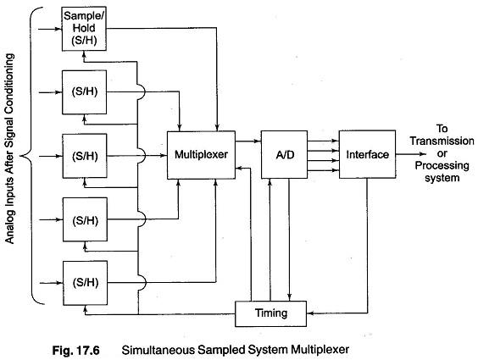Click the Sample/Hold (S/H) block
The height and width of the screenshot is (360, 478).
[x=84, y=29]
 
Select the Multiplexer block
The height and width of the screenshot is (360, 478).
[x=201, y=155]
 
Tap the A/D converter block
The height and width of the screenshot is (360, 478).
[x=285, y=155]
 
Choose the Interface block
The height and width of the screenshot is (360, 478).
[x=367, y=154]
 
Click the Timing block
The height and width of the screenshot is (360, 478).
[x=270, y=313]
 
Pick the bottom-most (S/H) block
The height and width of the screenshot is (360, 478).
[x=85, y=283]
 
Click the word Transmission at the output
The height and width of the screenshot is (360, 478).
[x=442, y=141]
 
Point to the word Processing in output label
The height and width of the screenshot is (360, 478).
[x=442, y=166]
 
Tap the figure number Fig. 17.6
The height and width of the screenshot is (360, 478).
[x=76, y=350]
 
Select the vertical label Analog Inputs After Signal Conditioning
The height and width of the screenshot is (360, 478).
[x=10, y=148]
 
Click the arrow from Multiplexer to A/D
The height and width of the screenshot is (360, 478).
[x=248, y=141]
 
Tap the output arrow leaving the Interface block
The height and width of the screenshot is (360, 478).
[x=411, y=154]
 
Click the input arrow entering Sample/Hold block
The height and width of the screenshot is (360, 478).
[x=50, y=29]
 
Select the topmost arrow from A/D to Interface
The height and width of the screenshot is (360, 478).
[x=323, y=141]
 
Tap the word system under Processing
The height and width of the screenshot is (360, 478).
[x=442, y=178]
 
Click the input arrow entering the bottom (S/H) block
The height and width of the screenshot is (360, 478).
[x=52, y=283]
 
